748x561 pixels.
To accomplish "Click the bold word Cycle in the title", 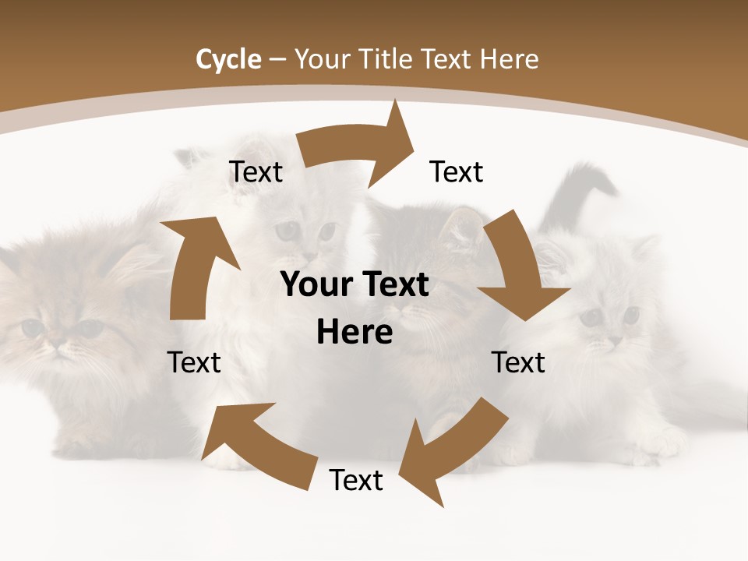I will point(228,59).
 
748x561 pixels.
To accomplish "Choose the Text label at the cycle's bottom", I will point(356,480).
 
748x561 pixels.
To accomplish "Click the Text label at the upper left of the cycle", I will point(256,172).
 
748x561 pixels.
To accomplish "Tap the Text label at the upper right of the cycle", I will point(457,171).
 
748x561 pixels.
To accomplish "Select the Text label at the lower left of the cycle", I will point(194,362).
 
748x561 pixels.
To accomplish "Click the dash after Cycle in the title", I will point(279,60).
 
